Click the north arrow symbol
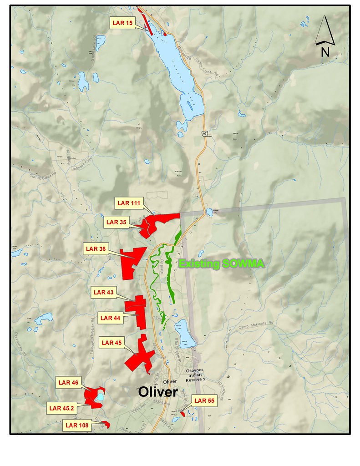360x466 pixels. (x=325, y=36)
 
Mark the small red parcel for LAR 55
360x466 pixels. (x=183, y=413)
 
